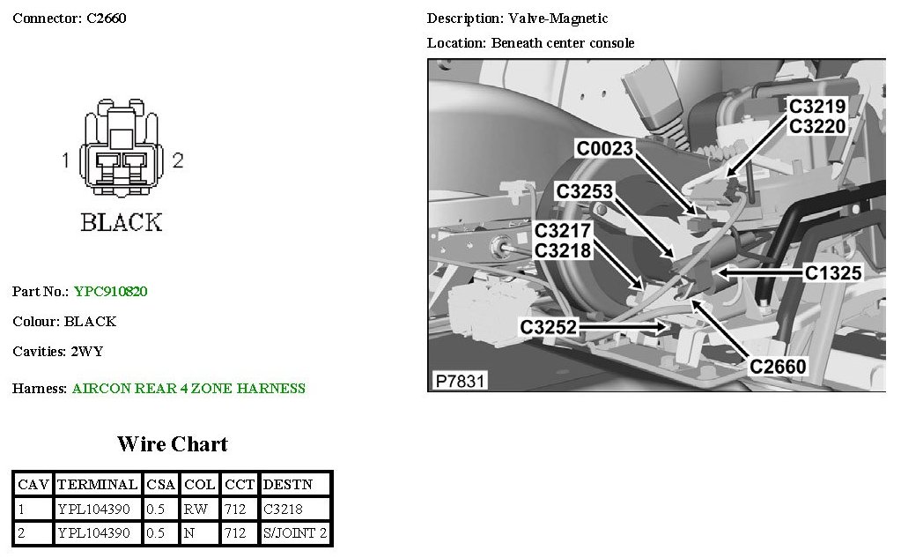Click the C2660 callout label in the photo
point(778,366)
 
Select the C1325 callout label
point(833,273)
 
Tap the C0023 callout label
point(605,148)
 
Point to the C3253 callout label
point(584,190)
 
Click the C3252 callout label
point(548,327)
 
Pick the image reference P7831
point(461,381)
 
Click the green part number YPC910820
point(111,291)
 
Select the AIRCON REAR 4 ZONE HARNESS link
point(188,388)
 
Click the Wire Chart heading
point(173,443)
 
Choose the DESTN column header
point(284,484)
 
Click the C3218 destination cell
point(282,509)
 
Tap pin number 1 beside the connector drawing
point(65,160)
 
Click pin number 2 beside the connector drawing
point(178,160)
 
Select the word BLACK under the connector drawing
point(122,222)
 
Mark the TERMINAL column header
point(97,484)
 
